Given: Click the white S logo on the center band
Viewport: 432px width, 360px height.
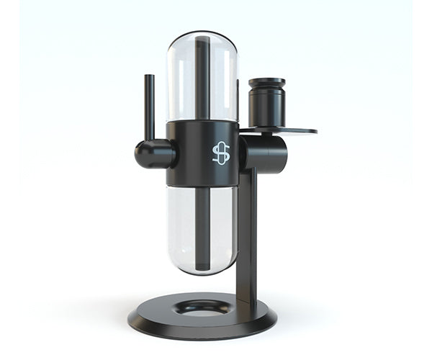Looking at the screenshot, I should (x=221, y=153).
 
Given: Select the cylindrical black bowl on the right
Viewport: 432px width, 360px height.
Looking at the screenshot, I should (x=266, y=104).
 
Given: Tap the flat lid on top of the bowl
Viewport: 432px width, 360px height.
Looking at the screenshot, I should (x=266, y=81).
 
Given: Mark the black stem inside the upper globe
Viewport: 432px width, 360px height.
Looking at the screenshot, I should (x=203, y=79).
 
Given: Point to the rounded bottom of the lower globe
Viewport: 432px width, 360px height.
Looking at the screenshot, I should (x=202, y=271).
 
